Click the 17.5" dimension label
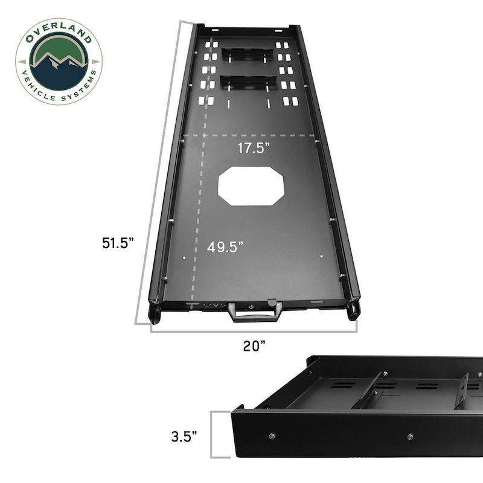(x=252, y=148)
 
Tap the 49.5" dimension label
(x=225, y=247)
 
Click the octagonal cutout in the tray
(x=251, y=187)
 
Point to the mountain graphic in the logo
(x=59, y=60)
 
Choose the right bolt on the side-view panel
(x=411, y=437)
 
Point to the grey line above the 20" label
(x=254, y=331)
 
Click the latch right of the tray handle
(x=272, y=301)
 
